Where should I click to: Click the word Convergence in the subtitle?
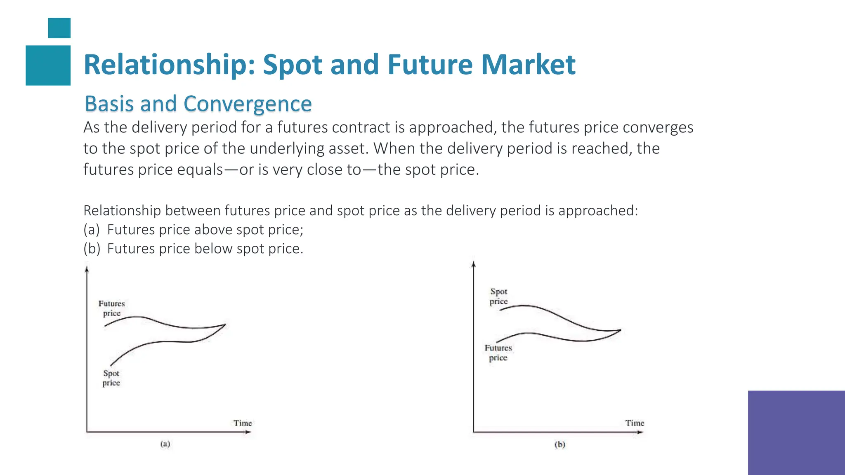(247, 104)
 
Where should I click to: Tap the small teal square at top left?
(59, 28)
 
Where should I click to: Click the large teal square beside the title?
(48, 65)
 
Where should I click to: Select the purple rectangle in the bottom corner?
(796, 433)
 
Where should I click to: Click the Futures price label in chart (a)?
(111, 308)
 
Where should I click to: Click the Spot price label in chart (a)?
(111, 378)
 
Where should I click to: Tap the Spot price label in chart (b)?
(498, 296)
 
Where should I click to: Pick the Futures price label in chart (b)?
(498, 353)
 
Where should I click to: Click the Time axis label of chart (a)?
(243, 423)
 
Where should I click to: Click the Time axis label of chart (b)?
(634, 423)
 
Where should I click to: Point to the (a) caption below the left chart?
(165, 444)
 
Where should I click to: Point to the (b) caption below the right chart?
(559, 444)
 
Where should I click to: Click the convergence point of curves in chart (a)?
(225, 325)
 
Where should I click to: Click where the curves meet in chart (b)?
(620, 330)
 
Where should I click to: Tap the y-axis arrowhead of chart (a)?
(87, 269)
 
